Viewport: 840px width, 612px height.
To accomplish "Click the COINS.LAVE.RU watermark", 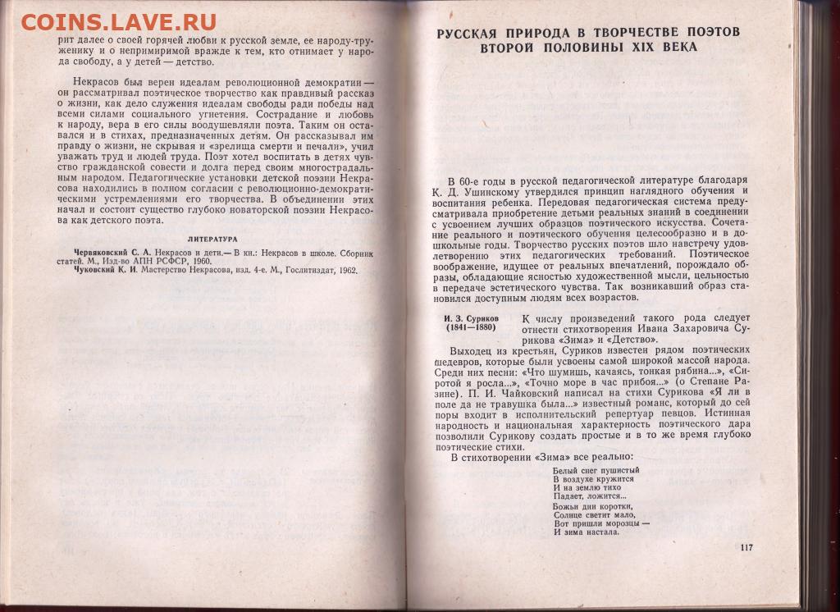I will [x=119, y=21].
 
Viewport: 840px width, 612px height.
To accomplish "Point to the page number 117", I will [x=746, y=548].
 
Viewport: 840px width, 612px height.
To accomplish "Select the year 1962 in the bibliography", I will [x=344, y=270].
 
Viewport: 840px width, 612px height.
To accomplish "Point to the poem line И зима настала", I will [x=586, y=532].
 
